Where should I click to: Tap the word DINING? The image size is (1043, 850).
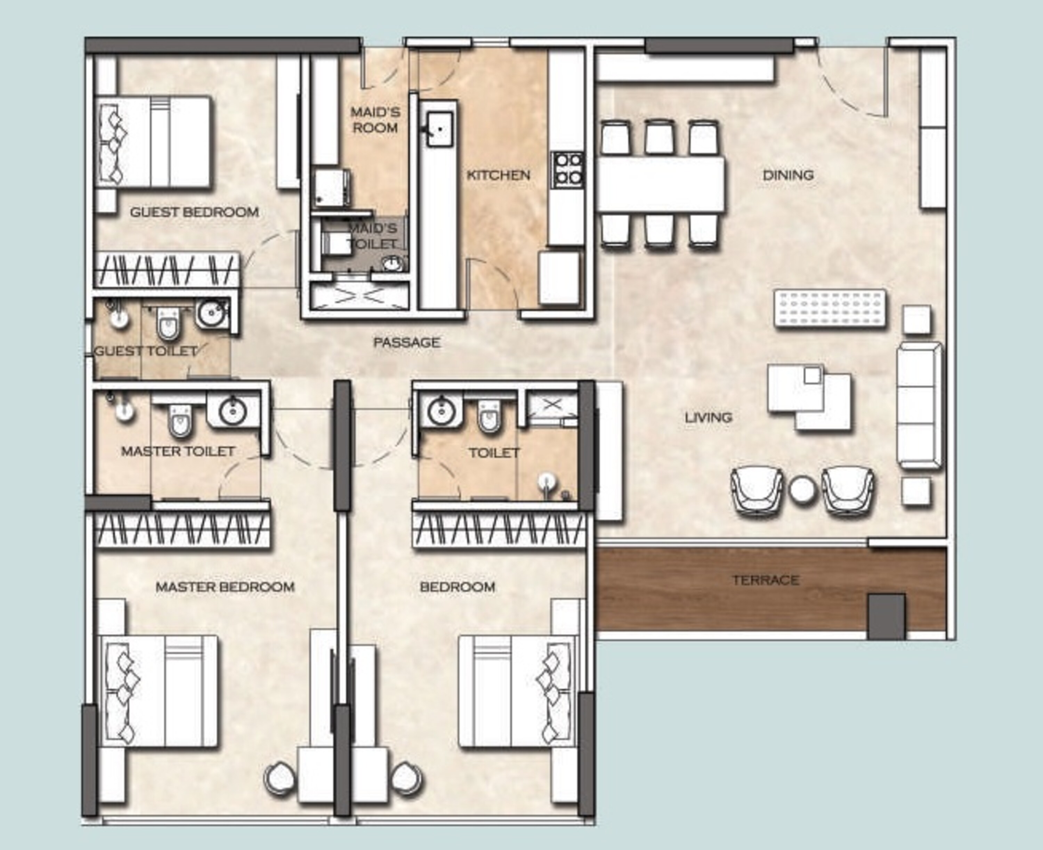pos(788,175)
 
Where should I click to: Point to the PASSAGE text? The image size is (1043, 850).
pos(406,342)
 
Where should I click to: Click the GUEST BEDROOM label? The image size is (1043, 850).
pos(194,212)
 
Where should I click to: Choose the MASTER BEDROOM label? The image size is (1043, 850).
pos(225,586)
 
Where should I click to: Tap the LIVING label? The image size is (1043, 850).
pos(708,418)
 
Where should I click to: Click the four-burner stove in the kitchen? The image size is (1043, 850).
pos(568,169)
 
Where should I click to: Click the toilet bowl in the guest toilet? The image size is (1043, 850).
pos(168,323)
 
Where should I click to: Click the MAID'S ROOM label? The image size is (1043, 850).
pos(375,120)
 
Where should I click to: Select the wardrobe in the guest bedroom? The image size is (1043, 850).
pos(167,269)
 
